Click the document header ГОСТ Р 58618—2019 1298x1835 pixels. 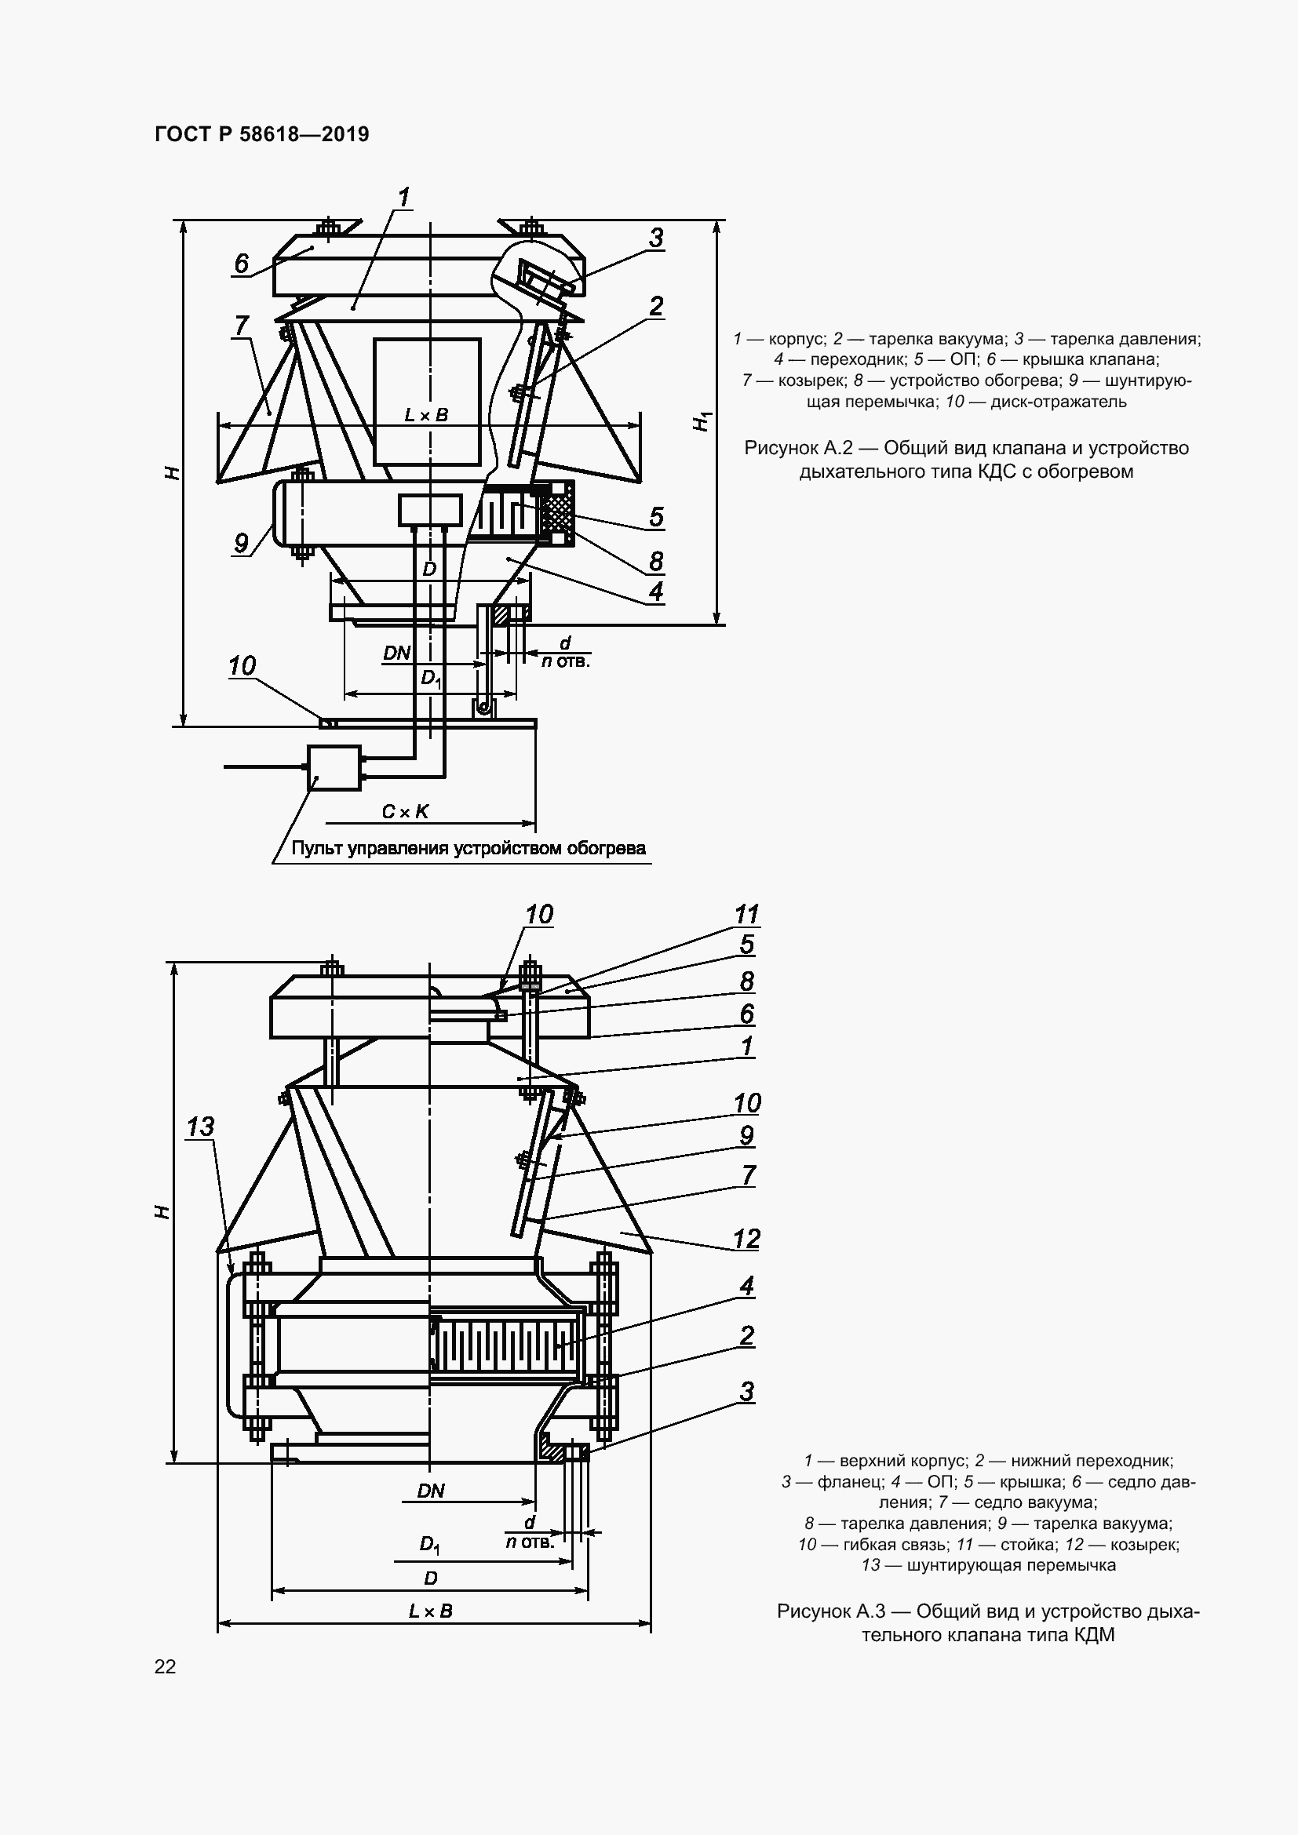261,134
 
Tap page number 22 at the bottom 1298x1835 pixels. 165,1666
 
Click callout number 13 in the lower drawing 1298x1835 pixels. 200,1127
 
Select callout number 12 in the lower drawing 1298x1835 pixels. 746,1240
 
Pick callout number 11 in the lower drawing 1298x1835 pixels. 746,913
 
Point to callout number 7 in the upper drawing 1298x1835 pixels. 242,326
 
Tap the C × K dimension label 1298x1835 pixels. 405,812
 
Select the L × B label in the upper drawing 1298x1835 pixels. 426,415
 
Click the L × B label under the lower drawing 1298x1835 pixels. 431,1611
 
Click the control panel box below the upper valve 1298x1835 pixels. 334,768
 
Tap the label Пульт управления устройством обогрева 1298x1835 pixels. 469,849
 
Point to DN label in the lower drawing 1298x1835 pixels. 431,1491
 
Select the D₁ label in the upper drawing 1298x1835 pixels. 431,679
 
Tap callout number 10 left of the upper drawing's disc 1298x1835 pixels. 242,666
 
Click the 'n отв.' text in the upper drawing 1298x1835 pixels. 565,662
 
